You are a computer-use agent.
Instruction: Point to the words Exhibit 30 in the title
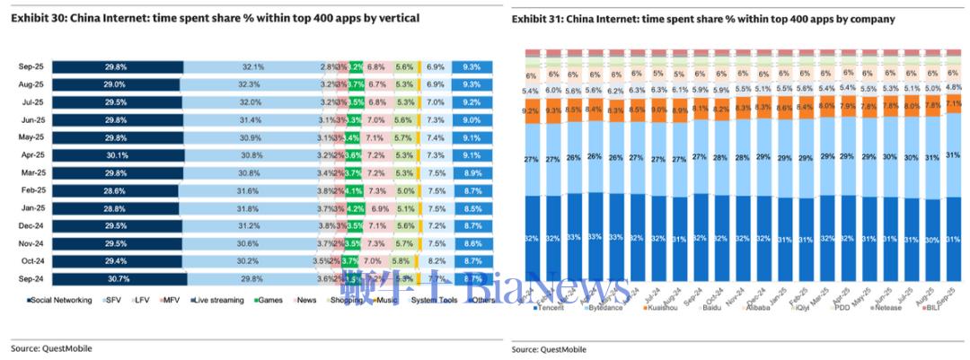(x=37, y=18)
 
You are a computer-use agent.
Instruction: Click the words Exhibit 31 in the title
(x=537, y=19)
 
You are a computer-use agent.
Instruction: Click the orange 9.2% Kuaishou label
(x=531, y=110)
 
